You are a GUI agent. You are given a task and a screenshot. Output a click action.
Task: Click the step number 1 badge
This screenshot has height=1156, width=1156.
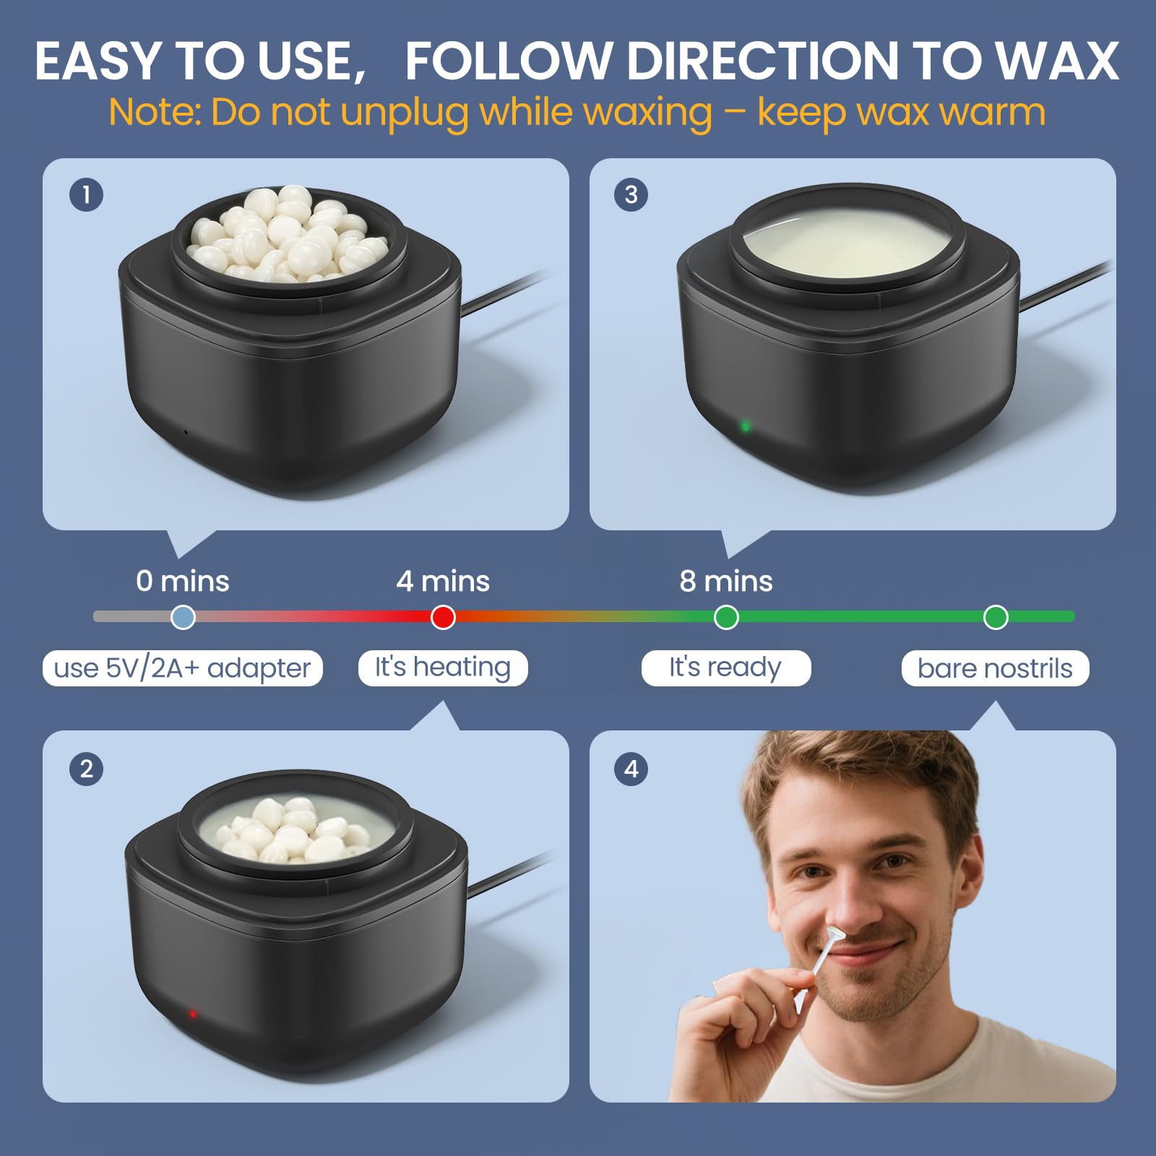click(87, 195)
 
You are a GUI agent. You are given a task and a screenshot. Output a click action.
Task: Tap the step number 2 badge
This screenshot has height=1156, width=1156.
click(87, 769)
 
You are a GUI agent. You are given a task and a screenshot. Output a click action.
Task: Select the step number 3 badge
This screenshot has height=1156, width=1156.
click(631, 195)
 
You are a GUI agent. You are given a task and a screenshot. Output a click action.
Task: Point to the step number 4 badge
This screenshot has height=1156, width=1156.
click(631, 769)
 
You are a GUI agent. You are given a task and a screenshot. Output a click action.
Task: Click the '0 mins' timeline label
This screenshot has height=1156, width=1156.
click(183, 581)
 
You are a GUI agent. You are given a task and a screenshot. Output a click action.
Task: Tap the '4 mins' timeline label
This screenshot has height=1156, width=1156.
click(443, 581)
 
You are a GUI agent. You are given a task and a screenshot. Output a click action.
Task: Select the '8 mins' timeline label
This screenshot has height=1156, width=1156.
click(726, 581)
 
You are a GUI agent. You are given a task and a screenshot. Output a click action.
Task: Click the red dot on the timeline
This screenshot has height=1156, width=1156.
click(443, 617)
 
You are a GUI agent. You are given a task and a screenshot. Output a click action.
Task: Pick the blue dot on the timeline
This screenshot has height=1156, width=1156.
click(183, 617)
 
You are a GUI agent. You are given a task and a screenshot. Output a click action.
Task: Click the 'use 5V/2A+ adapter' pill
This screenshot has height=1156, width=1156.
click(183, 668)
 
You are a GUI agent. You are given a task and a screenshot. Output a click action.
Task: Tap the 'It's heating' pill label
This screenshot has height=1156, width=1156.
click(443, 668)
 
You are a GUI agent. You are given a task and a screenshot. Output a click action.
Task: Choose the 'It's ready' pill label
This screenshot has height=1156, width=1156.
click(725, 668)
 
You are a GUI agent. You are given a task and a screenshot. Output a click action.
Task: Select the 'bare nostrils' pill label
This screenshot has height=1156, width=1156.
click(995, 668)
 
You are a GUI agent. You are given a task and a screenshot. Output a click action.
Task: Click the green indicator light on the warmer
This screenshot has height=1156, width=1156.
click(746, 426)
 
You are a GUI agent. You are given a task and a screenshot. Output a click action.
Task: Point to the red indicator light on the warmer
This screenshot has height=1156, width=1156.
click(193, 1014)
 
